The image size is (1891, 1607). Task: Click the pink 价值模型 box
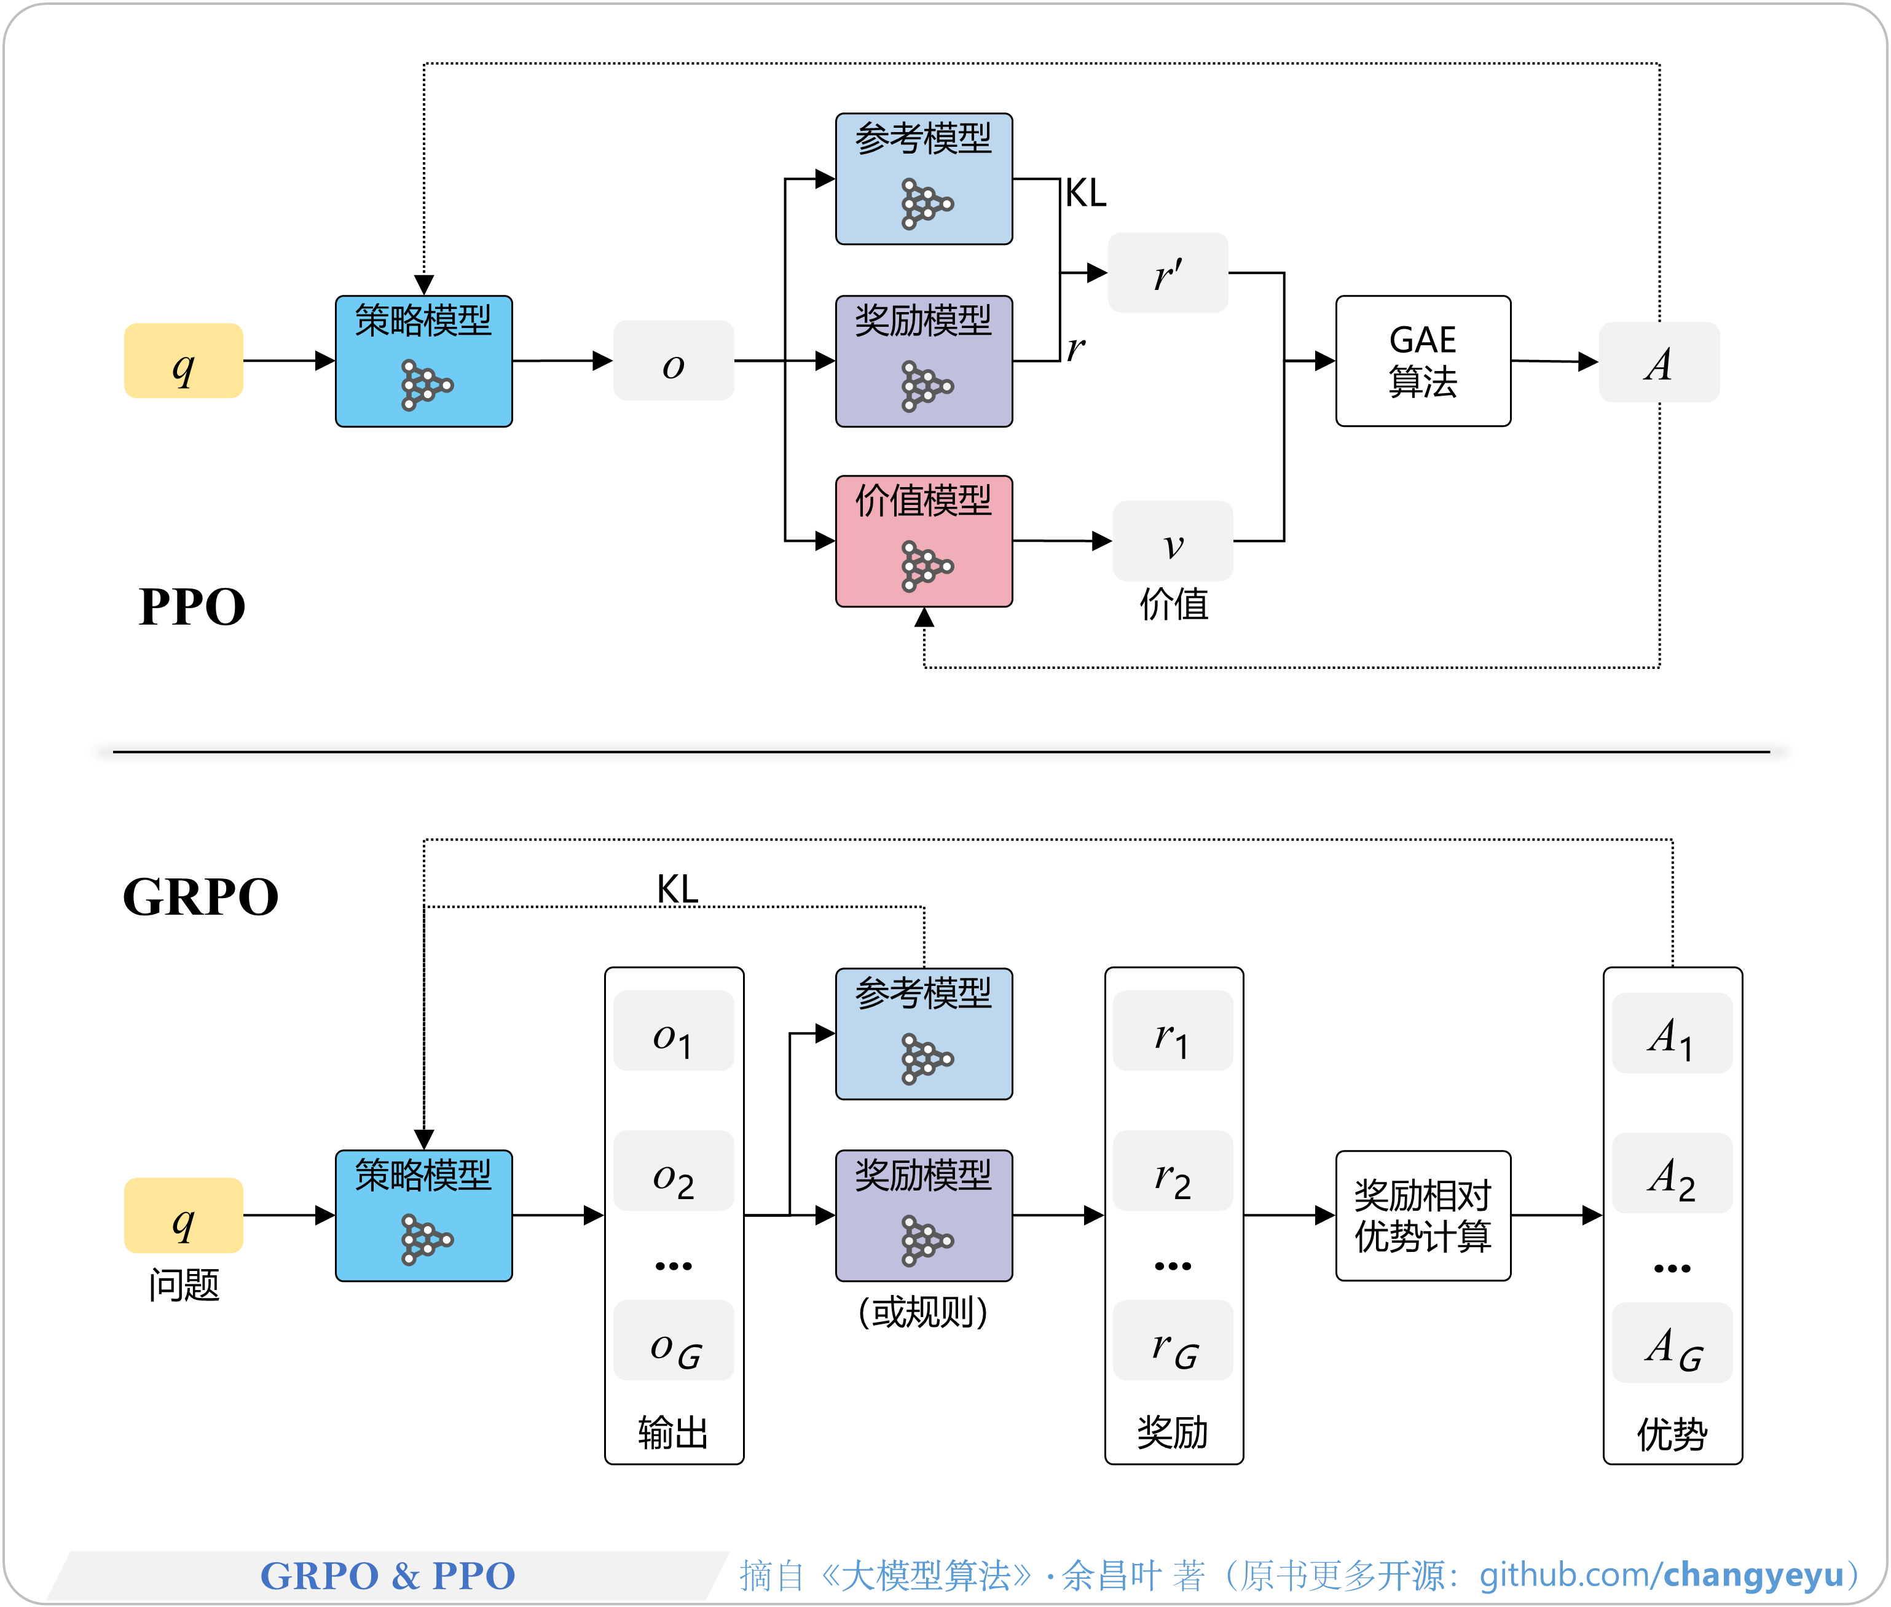923,541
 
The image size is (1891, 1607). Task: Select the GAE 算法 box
1423,361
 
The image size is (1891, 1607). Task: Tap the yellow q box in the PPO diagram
183,361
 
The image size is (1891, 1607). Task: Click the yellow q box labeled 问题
183,1215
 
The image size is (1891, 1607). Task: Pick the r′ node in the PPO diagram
1168,272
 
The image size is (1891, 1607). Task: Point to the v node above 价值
1173,541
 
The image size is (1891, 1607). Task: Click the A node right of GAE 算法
1659,362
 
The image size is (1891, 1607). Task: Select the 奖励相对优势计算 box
1423,1215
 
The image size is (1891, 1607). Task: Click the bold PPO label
192,607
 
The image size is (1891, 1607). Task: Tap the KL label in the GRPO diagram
677,888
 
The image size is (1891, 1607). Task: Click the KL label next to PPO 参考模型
1085,193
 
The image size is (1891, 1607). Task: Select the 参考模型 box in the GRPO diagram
923,1034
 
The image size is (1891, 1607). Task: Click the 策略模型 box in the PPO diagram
424,361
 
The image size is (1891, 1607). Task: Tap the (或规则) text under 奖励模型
923,1312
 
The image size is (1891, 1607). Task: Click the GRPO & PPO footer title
388,1575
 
